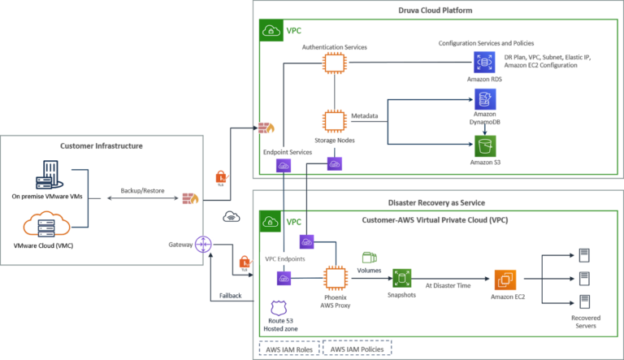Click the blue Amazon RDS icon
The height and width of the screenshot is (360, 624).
point(484,62)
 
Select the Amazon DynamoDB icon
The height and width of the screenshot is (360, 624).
point(485,99)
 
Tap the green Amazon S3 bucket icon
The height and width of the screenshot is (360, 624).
point(485,146)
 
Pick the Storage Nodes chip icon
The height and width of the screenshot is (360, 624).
point(334,121)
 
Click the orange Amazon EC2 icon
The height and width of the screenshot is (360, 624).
point(505,280)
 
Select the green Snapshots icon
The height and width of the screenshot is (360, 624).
point(401,278)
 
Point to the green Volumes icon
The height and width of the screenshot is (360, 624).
point(369,258)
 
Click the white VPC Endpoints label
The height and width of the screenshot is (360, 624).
point(285,258)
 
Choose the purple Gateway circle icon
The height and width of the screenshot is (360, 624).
point(204,244)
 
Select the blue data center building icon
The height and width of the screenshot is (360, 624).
point(49,175)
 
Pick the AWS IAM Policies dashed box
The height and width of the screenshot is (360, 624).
point(357,348)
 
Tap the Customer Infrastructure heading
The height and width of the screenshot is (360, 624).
point(102,146)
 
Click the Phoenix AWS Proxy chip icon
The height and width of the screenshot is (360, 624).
point(334,278)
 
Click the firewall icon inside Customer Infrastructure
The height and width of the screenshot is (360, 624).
point(189,198)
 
